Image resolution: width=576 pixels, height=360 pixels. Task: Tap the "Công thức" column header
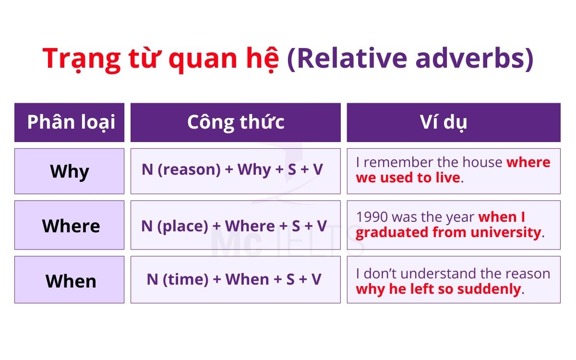[235, 122]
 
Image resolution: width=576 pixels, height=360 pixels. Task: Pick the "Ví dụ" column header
[453, 122]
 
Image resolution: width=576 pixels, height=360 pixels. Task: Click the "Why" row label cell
[70, 171]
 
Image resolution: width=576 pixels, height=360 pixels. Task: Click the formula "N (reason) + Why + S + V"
[232, 169]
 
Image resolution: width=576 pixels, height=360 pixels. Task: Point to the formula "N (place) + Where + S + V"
[234, 226]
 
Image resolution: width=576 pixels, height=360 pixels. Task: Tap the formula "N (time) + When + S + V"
[234, 279]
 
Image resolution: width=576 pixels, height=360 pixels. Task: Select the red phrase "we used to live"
[408, 178]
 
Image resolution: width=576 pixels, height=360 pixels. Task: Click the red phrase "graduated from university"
[448, 233]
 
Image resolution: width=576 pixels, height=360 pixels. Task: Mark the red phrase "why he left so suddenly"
[438, 289]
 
